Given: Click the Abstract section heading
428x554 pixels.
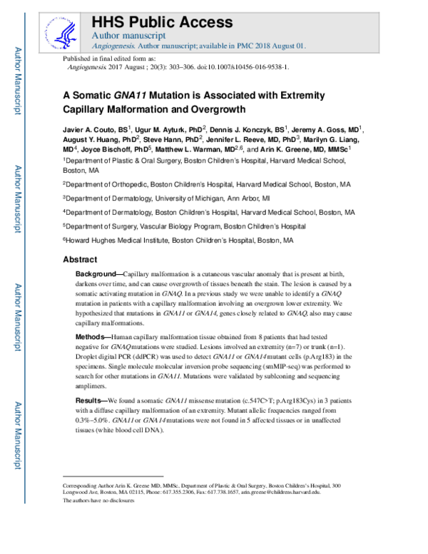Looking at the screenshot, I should pos(80,260).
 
